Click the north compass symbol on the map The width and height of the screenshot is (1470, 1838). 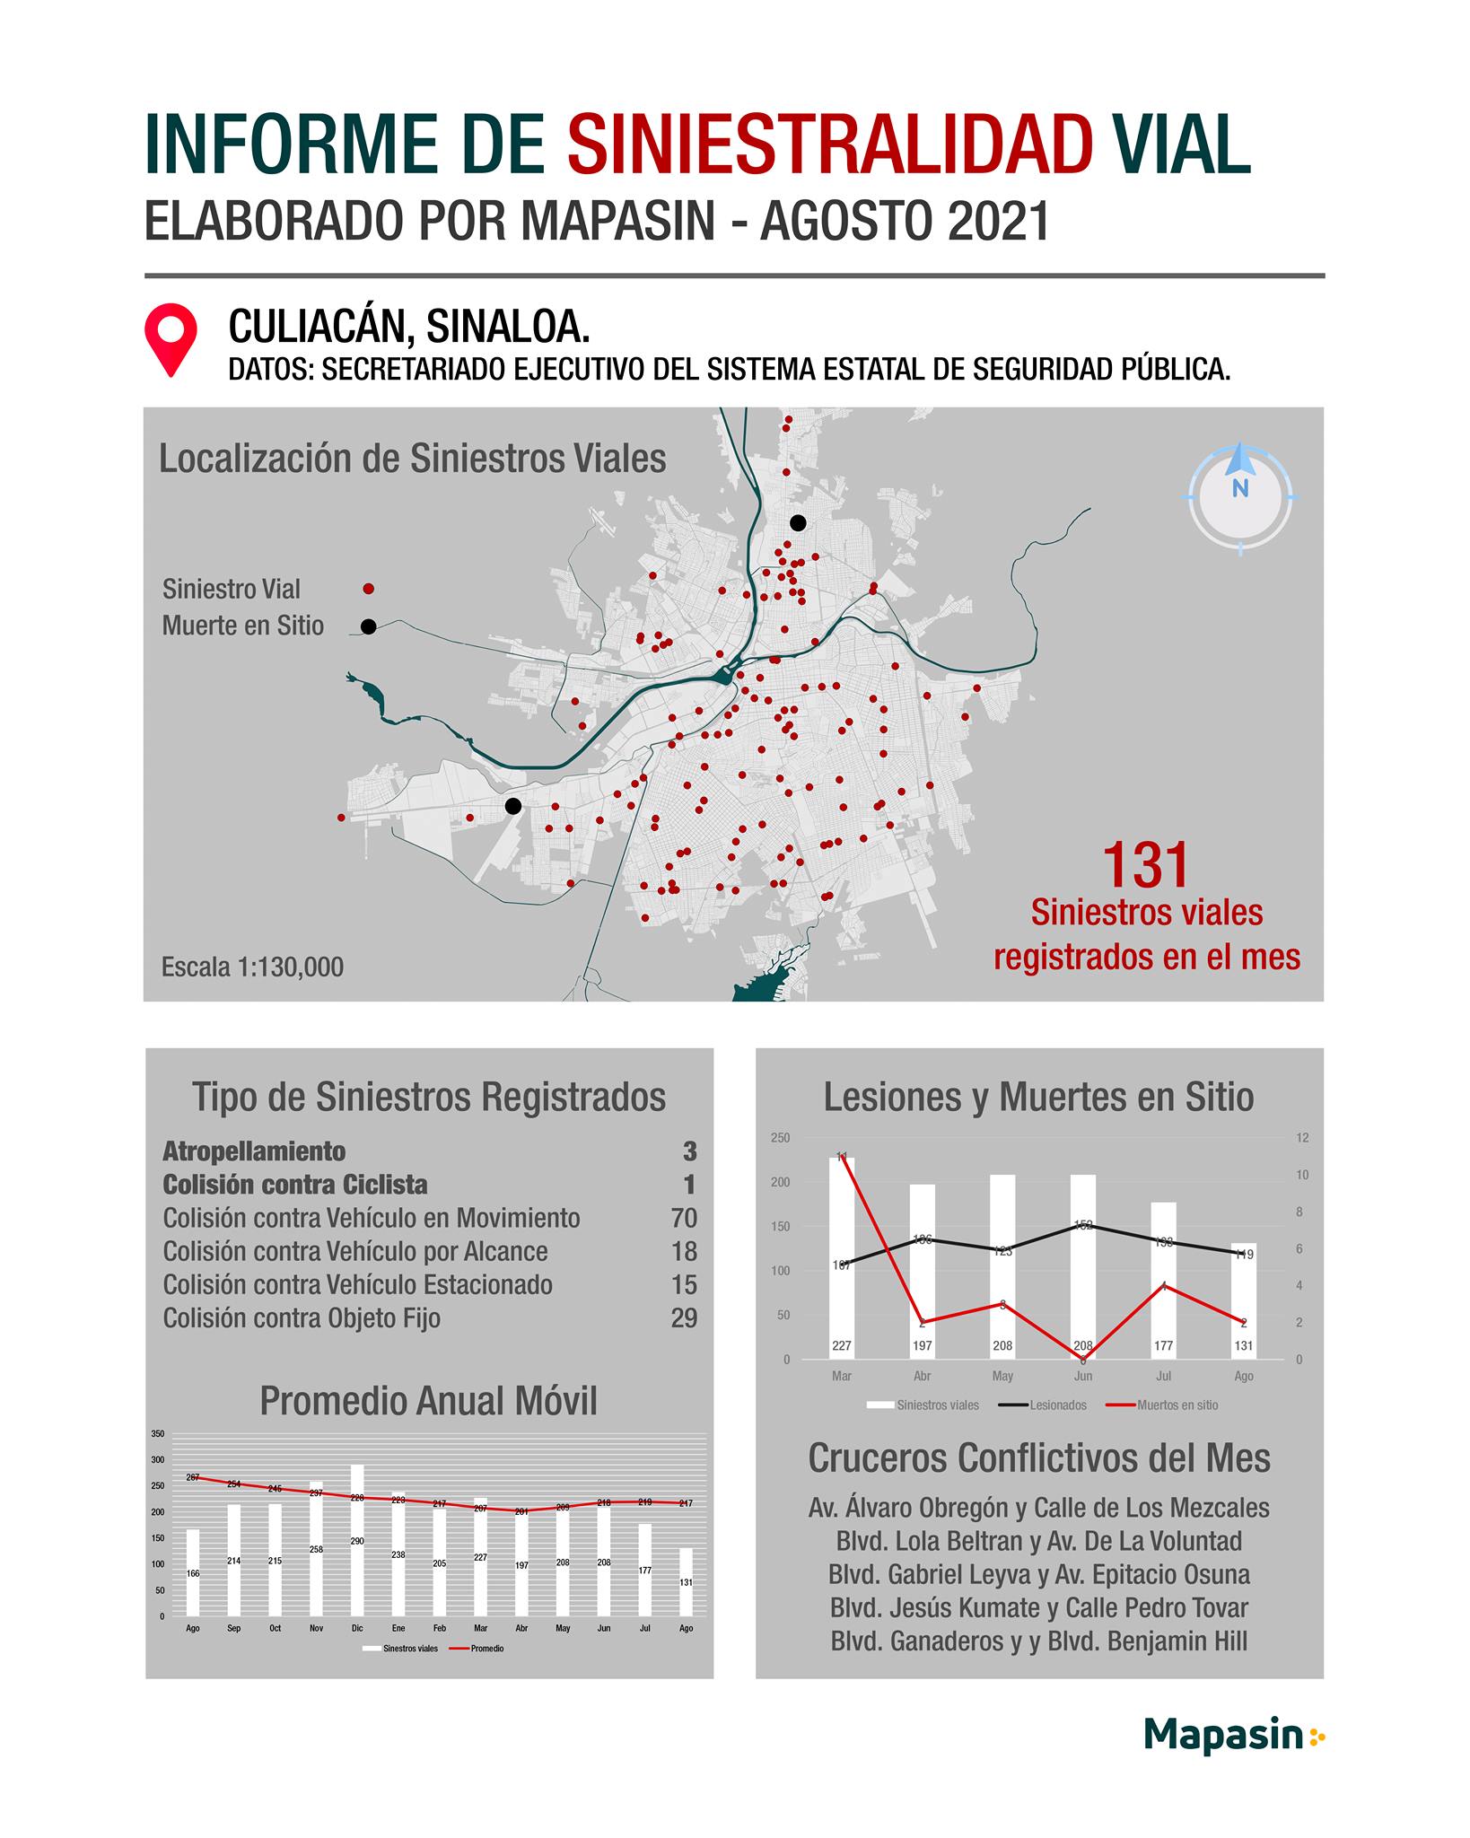[1240, 498]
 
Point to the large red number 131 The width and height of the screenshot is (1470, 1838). [1145, 866]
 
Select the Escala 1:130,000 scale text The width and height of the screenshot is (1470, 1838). [252, 967]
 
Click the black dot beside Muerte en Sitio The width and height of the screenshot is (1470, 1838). [368, 626]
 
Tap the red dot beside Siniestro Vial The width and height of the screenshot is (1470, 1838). [368, 589]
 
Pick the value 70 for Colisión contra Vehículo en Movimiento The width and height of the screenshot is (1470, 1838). [683, 1218]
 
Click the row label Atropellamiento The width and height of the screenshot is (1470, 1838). [254, 1151]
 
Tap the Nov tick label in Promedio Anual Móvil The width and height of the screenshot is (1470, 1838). [316, 1628]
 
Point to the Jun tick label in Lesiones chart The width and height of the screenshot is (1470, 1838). [1083, 1376]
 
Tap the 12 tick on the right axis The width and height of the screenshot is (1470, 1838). [1302, 1138]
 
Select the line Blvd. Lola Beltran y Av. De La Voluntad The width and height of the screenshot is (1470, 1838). [1038, 1541]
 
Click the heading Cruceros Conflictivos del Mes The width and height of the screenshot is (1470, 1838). [1038, 1459]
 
